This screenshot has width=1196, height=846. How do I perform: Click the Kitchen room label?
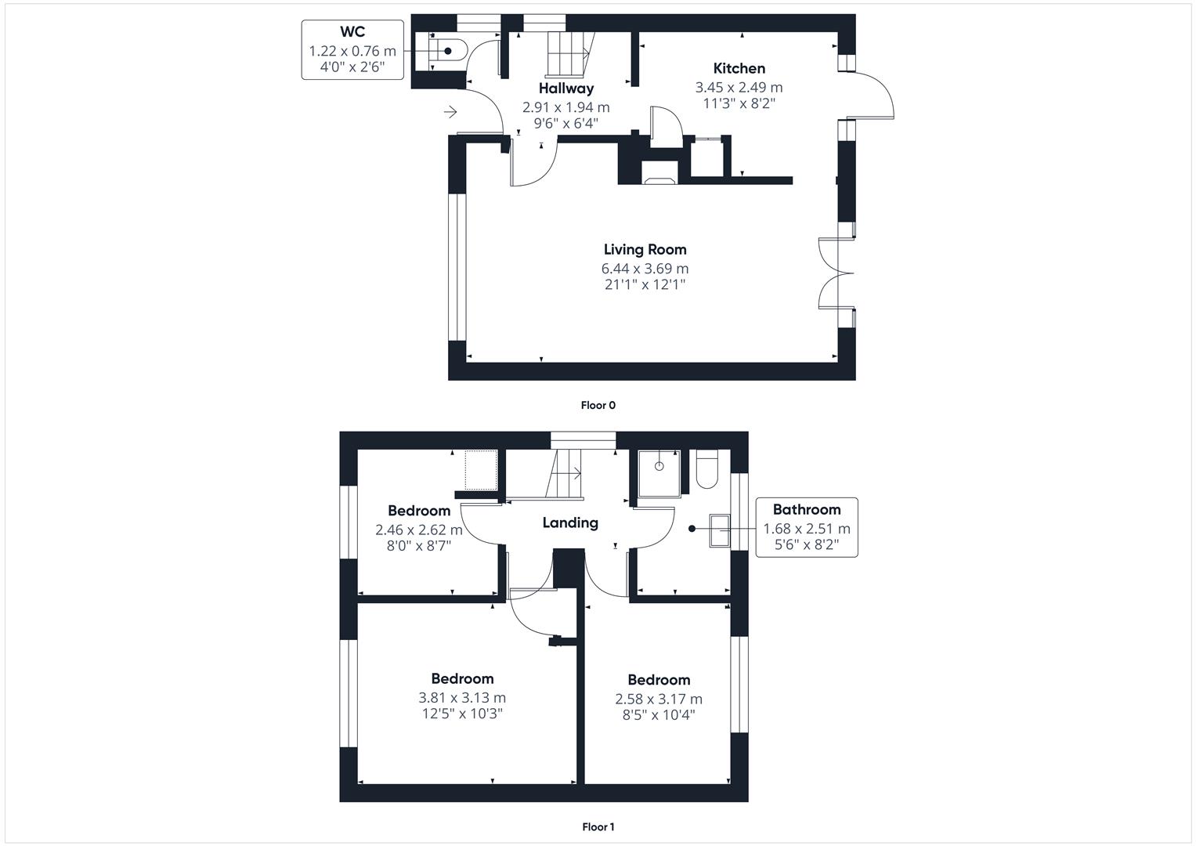tap(739, 68)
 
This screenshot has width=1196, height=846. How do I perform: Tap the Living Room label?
tap(645, 249)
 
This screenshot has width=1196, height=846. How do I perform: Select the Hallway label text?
tap(565, 89)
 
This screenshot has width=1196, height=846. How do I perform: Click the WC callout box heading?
tap(352, 32)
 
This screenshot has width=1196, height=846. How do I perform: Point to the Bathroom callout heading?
tap(806, 509)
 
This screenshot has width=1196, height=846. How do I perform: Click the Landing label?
tap(569, 522)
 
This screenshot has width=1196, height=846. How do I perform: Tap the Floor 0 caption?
tap(598, 405)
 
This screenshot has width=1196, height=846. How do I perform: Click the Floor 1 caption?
tap(598, 826)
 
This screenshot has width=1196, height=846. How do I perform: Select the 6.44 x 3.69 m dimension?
tap(645, 269)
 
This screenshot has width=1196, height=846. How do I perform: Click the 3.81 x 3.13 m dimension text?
tap(462, 697)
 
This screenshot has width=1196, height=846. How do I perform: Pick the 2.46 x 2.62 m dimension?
tap(419, 530)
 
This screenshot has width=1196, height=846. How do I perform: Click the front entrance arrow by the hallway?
tap(450, 113)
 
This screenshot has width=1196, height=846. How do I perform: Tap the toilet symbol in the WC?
tap(450, 51)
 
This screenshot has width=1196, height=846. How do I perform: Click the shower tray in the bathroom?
tap(659, 472)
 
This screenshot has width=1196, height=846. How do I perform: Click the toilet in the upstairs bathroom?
tap(706, 470)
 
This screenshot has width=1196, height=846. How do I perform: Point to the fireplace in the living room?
tap(659, 173)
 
